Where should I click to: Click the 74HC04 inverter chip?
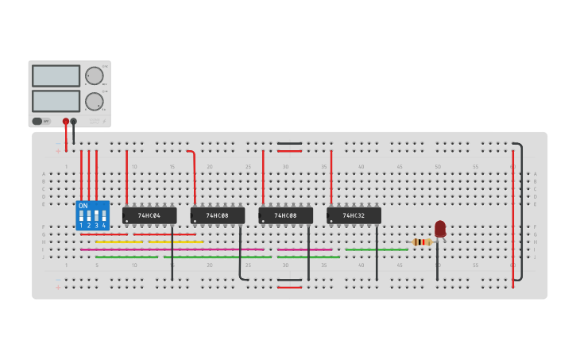(149, 215)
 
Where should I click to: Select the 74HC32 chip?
(354, 215)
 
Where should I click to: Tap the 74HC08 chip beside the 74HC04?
(217, 215)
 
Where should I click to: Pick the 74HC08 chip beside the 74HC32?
(285, 215)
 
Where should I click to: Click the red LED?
(440, 229)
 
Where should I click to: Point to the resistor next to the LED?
(422, 242)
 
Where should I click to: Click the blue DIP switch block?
(92, 215)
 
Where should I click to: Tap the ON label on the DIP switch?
(83, 206)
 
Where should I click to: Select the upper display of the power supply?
(56, 75)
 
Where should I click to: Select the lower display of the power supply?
(56, 101)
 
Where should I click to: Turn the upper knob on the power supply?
(94, 76)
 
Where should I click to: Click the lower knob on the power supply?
(94, 101)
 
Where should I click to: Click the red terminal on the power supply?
(66, 122)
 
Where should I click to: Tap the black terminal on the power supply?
(74, 122)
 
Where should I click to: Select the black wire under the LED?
(436, 262)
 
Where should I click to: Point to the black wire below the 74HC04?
(172, 254)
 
